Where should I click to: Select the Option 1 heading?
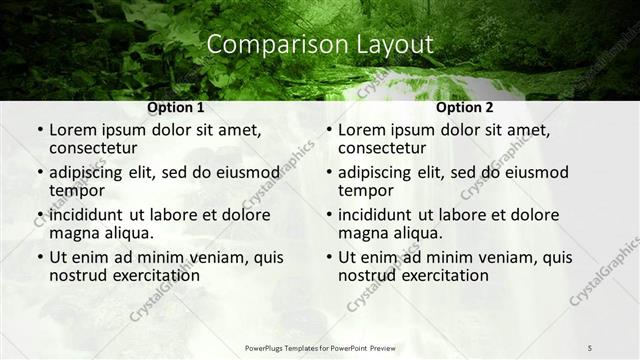point(176,108)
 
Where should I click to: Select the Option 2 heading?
point(465,108)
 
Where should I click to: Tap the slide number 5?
point(590,348)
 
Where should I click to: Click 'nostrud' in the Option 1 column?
point(77,275)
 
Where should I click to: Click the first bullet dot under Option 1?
point(39,131)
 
